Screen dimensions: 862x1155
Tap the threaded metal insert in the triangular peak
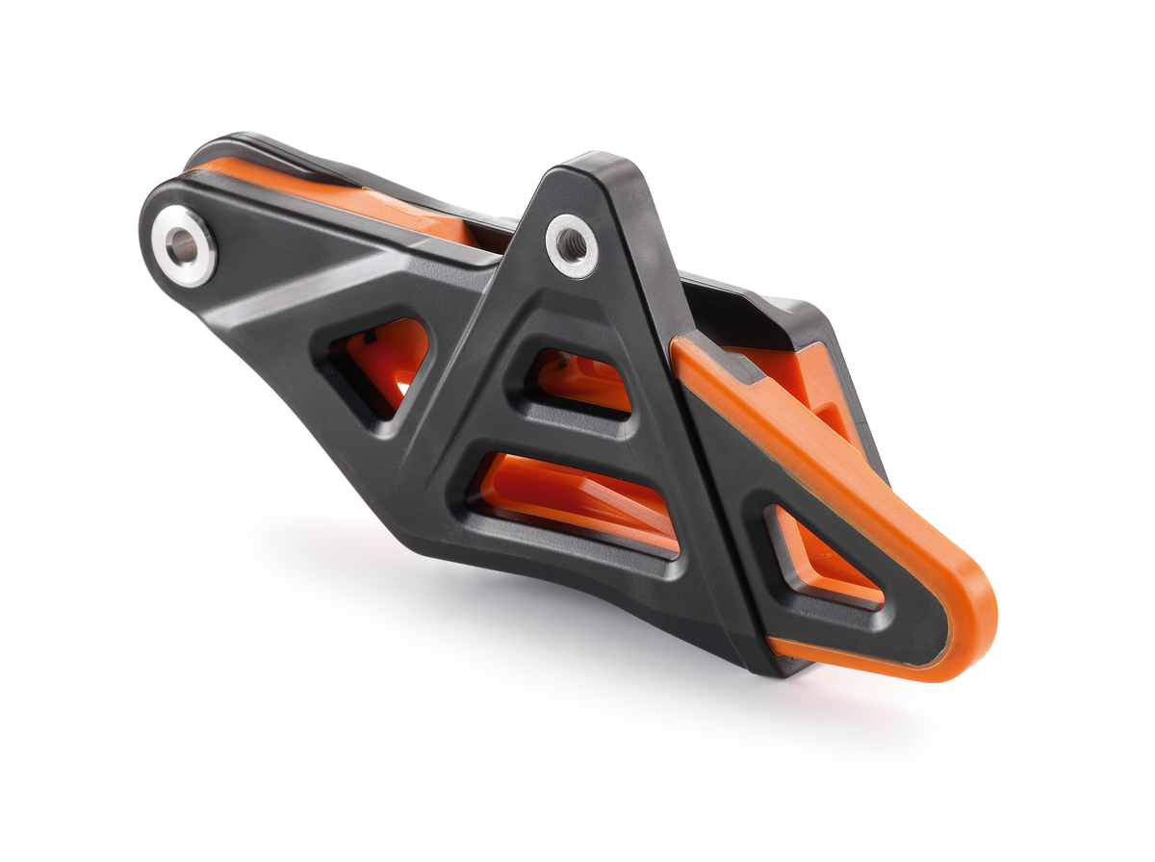tap(572, 245)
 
